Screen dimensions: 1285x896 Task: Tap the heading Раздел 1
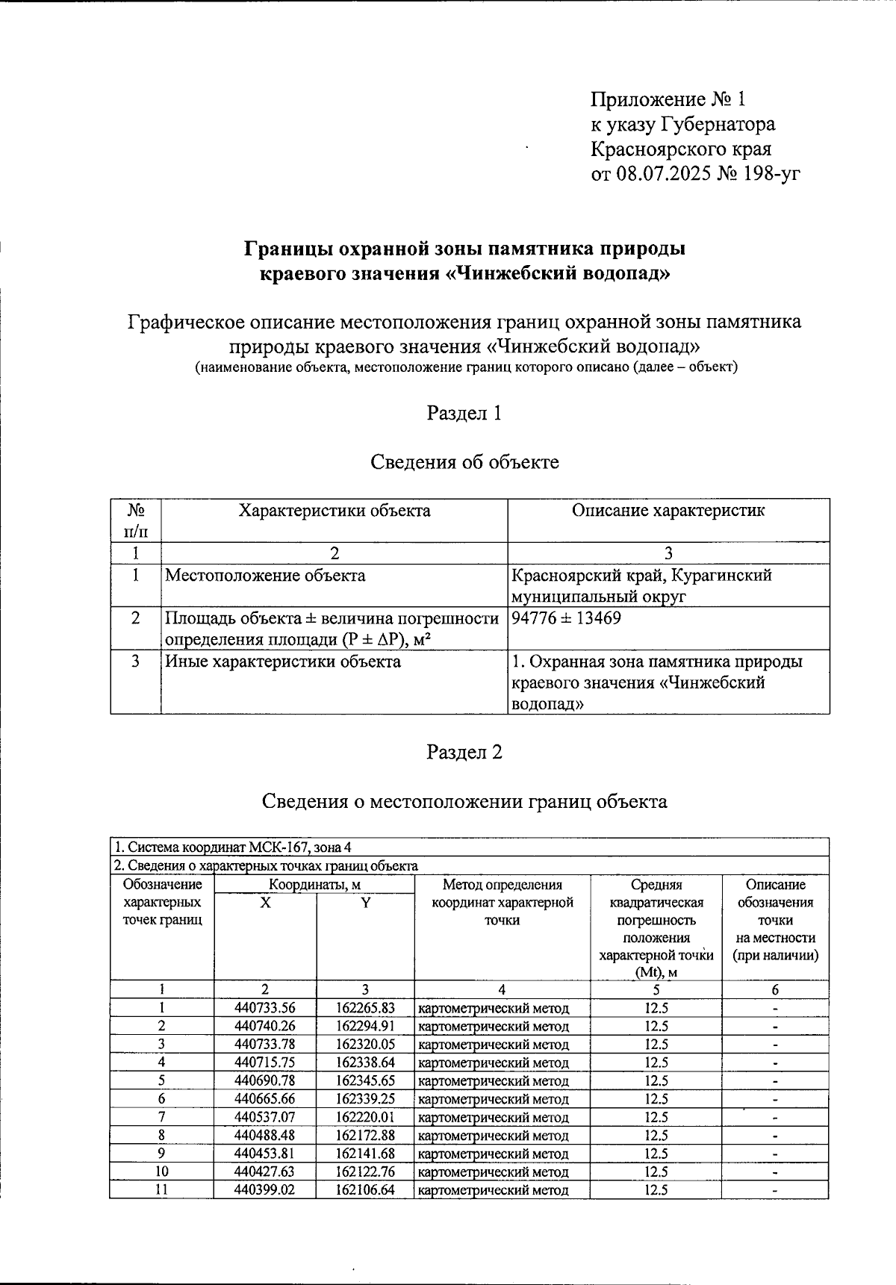464,413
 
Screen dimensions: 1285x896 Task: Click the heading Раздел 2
464,752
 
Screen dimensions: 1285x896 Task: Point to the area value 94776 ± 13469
567,618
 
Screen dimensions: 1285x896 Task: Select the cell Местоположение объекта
265,576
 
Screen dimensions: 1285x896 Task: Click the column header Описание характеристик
668,511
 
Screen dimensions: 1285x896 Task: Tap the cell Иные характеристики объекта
282,662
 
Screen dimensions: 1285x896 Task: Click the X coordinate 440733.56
264,1008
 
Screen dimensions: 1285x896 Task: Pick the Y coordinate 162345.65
364,1080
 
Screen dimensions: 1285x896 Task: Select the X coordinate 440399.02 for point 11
264,1189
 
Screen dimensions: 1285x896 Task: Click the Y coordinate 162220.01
364,1117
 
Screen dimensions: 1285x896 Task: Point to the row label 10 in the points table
161,1172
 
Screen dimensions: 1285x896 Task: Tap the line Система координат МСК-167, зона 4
232,847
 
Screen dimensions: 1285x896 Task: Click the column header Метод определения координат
502,902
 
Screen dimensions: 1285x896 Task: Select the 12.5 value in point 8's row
656,1135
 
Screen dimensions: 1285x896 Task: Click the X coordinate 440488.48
264,1135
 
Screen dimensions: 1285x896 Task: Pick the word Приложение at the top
638,99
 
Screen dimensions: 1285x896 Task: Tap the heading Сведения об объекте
464,462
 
